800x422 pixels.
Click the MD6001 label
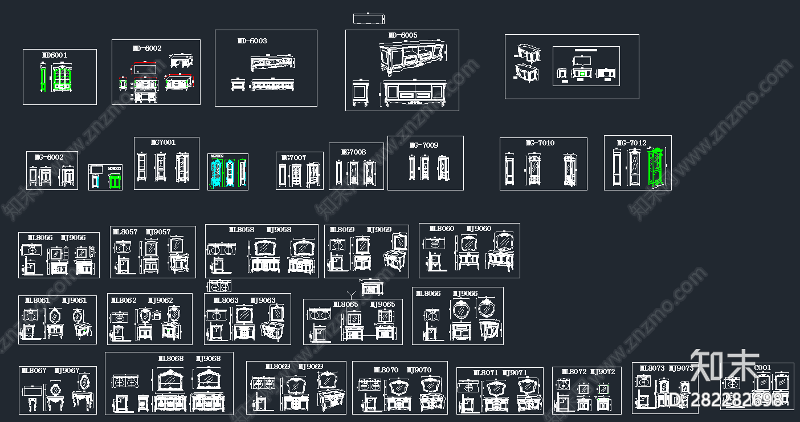pyautogui.click(x=55, y=55)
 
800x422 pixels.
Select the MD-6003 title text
pyautogui.click(x=252, y=41)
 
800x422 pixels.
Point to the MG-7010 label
pyautogui.click(x=540, y=143)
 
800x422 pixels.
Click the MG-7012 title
pyautogui.click(x=631, y=143)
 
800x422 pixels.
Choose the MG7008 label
pyautogui.click(x=353, y=152)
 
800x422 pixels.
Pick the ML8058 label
pyautogui.click(x=241, y=230)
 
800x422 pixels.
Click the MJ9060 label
pyautogui.click(x=479, y=229)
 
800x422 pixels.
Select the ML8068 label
pyautogui.click(x=170, y=359)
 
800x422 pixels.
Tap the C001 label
pyautogui.click(x=762, y=368)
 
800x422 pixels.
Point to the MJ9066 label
pyautogui.click(x=465, y=294)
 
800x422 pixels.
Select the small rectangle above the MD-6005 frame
pyautogui.click(x=369, y=18)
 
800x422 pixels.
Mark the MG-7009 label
pyautogui.click(x=424, y=145)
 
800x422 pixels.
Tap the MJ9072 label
pyautogui.click(x=602, y=372)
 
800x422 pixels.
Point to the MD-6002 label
pyautogui.click(x=147, y=48)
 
